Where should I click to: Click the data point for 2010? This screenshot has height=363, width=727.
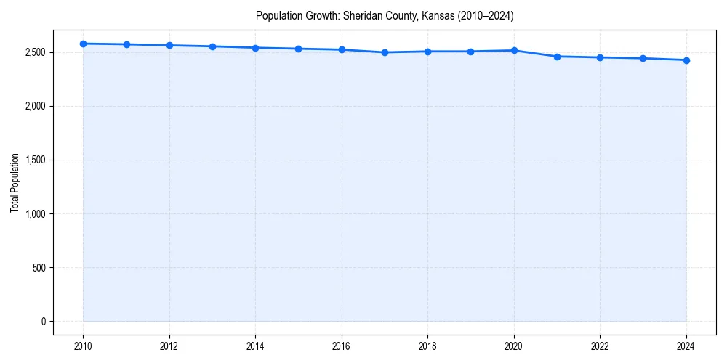84,44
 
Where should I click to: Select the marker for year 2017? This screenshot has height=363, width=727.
385,52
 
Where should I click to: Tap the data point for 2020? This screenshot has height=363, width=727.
514,51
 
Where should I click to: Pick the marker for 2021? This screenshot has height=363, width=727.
557,57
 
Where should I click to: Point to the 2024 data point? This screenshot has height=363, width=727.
686,60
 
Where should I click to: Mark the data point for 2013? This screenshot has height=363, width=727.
212,46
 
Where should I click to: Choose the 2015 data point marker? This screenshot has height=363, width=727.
299,49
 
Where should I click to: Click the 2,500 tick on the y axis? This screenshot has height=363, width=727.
34,53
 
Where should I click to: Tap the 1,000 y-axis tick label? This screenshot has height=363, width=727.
34,214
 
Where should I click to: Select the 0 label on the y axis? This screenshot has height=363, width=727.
43,322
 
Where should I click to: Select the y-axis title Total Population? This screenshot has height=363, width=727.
15,182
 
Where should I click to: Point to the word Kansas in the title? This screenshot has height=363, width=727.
438,16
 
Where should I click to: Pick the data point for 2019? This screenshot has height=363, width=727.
471,52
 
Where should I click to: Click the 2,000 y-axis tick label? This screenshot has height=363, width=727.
34,107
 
